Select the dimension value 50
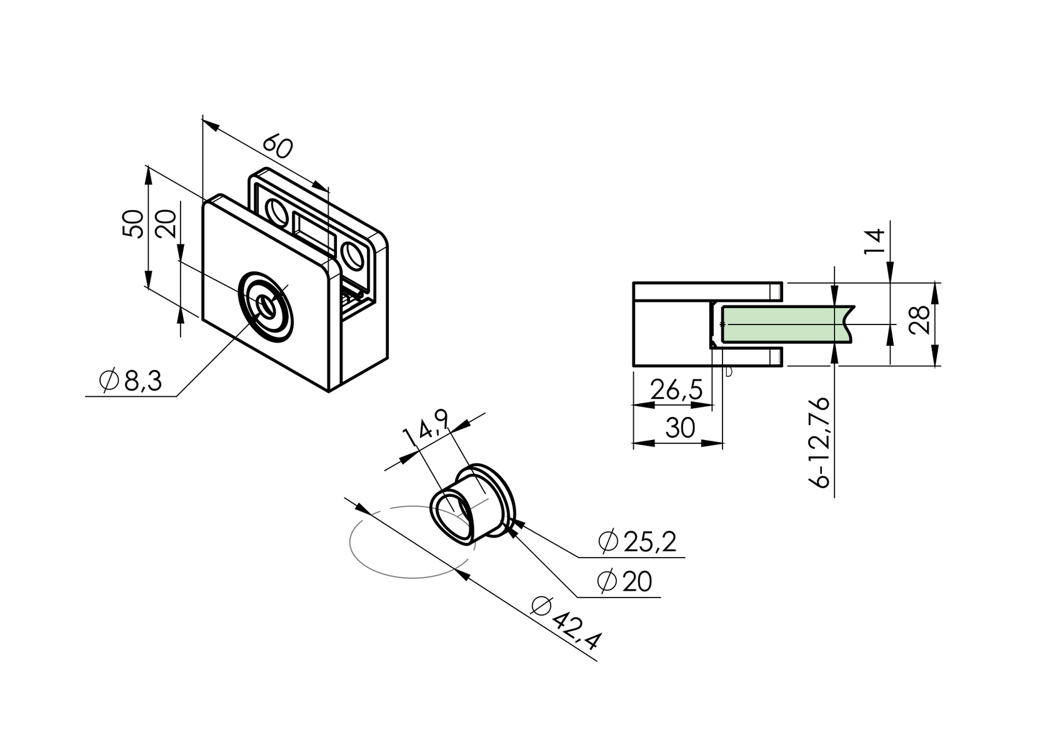(133, 224)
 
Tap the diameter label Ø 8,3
(130, 381)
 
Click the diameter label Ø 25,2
(637, 541)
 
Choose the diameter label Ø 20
(624, 582)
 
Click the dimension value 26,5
(676, 389)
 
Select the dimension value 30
(679, 428)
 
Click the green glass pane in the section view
(781, 324)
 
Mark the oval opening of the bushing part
(452, 514)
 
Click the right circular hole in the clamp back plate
(353, 257)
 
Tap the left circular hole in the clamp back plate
(275, 211)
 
